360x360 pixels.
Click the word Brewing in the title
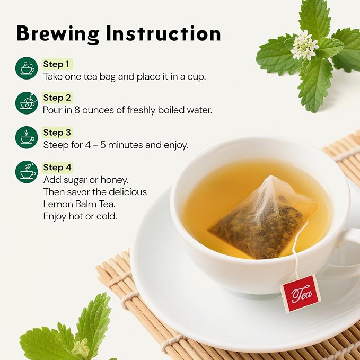(x=58, y=34)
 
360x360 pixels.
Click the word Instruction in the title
(x=163, y=33)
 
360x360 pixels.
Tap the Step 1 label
(x=56, y=64)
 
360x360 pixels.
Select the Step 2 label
(x=57, y=98)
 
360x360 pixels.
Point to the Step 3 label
(x=57, y=133)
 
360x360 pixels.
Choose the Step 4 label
(x=57, y=168)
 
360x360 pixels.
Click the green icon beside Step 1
(x=27, y=68)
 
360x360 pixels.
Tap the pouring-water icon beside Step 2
(x=27, y=103)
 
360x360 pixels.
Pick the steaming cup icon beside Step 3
(x=27, y=137)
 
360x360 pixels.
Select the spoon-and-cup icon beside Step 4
(x=27, y=172)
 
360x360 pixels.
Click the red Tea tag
(x=301, y=294)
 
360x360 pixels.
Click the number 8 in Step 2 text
(x=77, y=110)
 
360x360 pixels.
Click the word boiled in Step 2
(x=171, y=110)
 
